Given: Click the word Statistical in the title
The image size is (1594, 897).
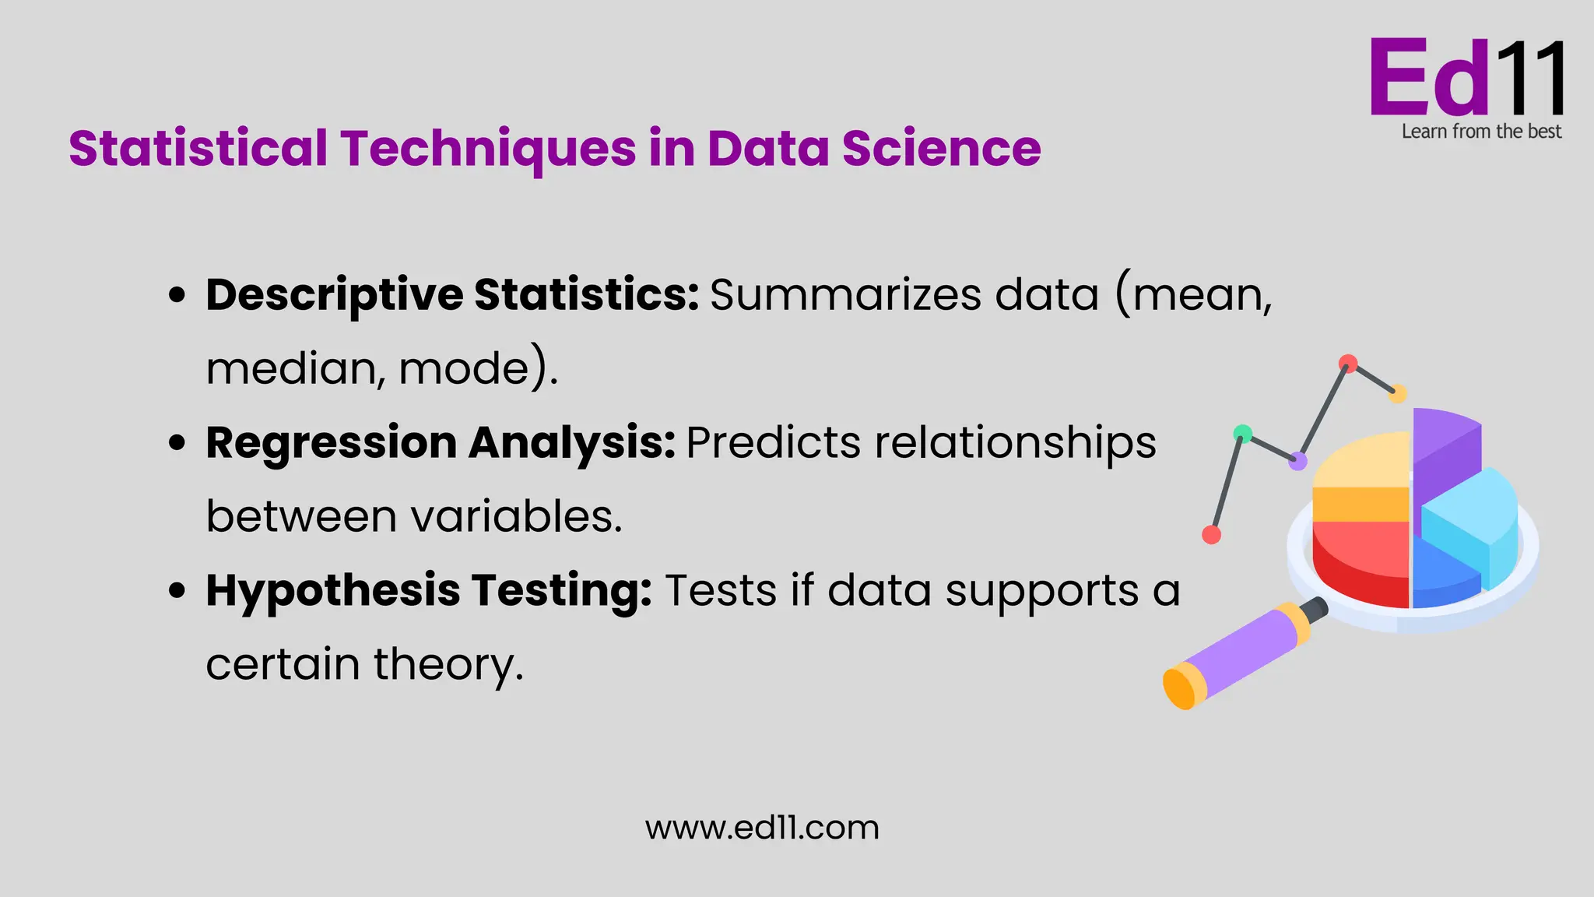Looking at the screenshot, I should pos(198,148).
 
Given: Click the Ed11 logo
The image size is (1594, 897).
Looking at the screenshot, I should pos(1467,78).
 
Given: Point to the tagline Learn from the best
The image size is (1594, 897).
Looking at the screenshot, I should pos(1481,132).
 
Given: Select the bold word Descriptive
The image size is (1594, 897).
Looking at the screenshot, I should pos(335,295).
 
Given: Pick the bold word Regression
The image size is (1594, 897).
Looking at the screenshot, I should pos(331,443).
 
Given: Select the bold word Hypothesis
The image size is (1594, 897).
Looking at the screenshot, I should pos(333,590).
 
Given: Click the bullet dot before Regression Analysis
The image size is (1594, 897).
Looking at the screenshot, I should pos(177,443).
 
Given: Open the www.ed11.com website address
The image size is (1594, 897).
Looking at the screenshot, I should pos(762,828).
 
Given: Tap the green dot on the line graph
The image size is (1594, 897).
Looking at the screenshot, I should pos(1243,434).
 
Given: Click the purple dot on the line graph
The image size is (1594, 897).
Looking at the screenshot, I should pos(1297,461).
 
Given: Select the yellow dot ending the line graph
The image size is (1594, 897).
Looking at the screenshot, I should pos(1398,393).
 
